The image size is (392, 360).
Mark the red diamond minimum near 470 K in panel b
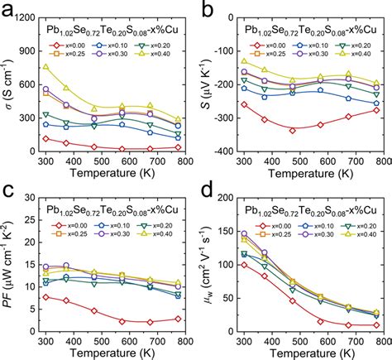point(292,130)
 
